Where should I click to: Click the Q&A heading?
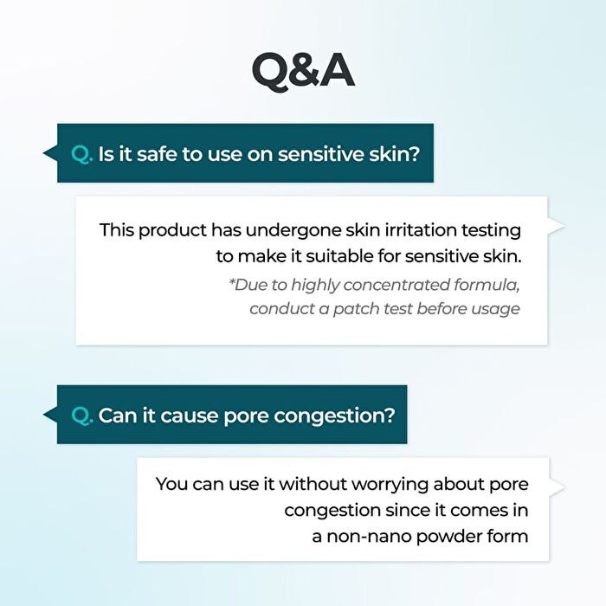click(x=303, y=72)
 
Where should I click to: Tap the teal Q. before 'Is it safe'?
click(x=82, y=155)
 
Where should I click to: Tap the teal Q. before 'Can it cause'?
click(x=82, y=416)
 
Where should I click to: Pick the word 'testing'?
click(x=491, y=231)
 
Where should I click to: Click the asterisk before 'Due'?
click(x=231, y=281)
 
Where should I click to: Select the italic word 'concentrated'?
click(x=396, y=285)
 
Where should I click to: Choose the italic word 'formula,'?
click(x=487, y=285)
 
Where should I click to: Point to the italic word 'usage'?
click(x=495, y=310)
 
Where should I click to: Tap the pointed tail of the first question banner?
click(x=43, y=153)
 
